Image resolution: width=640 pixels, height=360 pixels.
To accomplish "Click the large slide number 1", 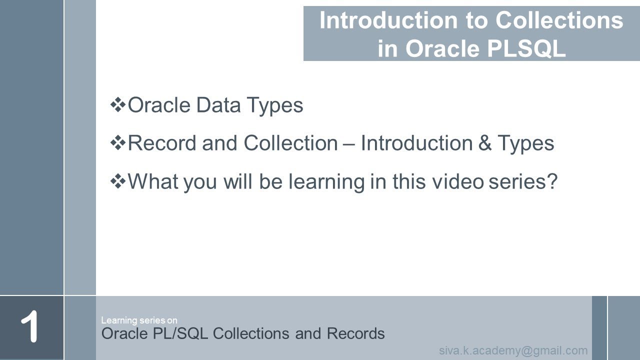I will (29, 327).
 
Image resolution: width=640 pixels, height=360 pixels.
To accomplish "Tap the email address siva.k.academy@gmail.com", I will (513, 350).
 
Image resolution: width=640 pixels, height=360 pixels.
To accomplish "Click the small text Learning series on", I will (139, 320).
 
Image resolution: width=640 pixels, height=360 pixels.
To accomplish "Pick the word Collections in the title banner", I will (559, 21).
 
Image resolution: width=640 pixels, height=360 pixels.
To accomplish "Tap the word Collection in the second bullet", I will (290, 143).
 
